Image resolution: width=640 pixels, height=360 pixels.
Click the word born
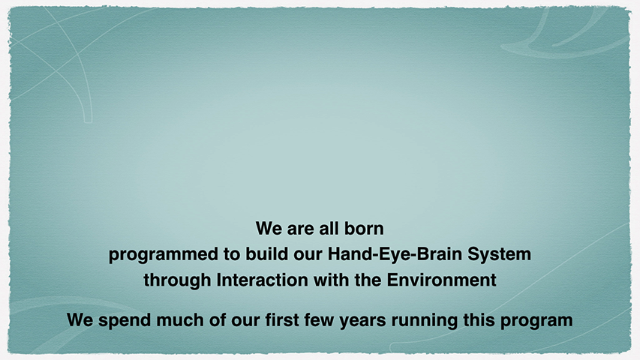click(364, 229)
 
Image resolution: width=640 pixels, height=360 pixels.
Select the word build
click(260, 254)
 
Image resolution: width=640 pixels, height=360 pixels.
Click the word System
click(499, 254)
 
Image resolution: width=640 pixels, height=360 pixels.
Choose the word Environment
click(442, 280)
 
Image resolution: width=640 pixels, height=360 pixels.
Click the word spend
click(125, 320)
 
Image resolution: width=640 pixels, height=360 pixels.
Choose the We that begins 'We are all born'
click(269, 229)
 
